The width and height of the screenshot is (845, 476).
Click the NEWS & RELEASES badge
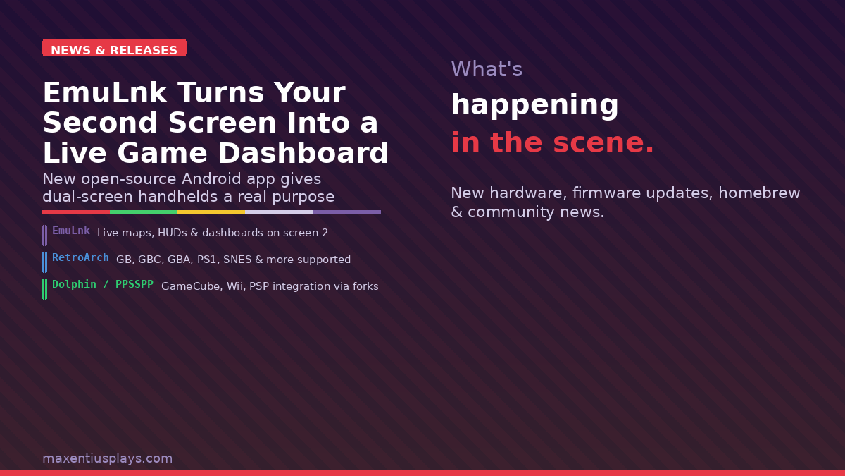(114, 49)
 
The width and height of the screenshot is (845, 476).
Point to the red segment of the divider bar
(76, 212)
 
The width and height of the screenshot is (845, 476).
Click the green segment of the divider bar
(144, 212)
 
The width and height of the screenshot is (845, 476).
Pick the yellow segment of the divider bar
(211, 212)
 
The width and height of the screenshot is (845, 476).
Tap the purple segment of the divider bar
(346, 212)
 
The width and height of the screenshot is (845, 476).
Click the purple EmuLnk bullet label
(71, 231)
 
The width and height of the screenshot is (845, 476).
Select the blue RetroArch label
(80, 257)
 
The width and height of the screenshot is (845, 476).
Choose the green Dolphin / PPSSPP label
(103, 284)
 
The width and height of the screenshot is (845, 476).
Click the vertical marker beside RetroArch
(45, 262)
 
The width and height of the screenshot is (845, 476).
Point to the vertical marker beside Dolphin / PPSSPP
(45, 289)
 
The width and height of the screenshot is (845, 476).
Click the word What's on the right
(487, 69)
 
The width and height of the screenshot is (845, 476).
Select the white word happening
(534, 105)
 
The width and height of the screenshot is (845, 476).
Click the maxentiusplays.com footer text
(107, 458)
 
